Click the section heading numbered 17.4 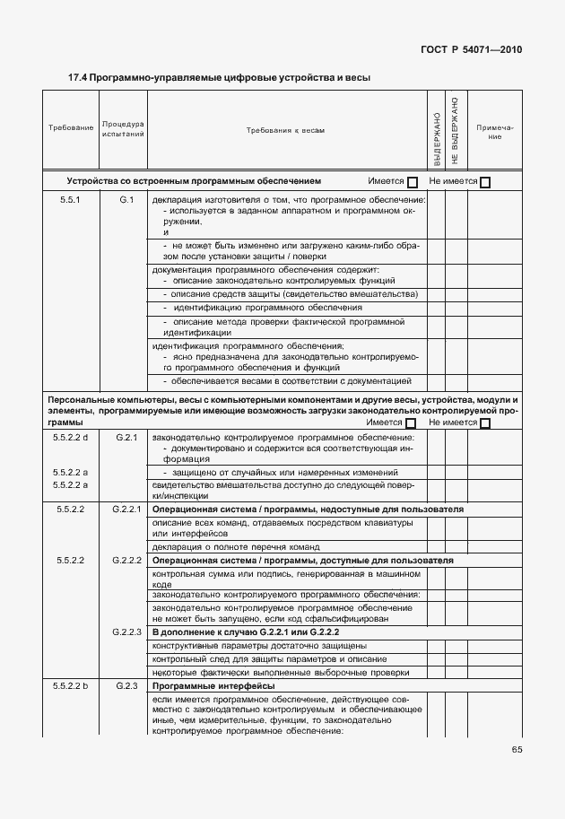(220, 78)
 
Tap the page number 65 (517, 750)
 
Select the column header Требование (71, 128)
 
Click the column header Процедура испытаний (123, 128)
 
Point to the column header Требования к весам (285, 130)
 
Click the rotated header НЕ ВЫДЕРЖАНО (455, 130)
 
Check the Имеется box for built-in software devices (413, 182)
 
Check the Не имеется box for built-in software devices (485, 182)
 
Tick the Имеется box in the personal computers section (412, 423)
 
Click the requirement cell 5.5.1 (71, 199)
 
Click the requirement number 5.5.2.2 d (71, 437)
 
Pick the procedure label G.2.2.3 (127, 632)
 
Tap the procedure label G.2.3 (126, 686)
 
